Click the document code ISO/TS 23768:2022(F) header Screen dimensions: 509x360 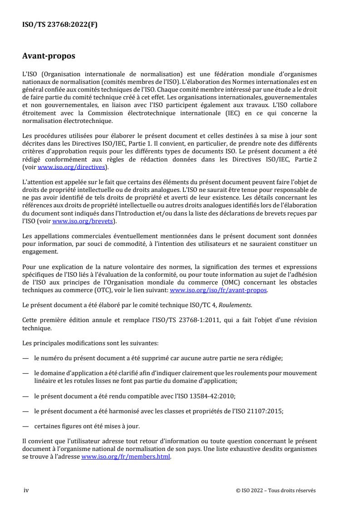60,25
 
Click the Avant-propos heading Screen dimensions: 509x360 49,57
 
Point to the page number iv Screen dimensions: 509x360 25,490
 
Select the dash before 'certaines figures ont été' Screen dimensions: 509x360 25,426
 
